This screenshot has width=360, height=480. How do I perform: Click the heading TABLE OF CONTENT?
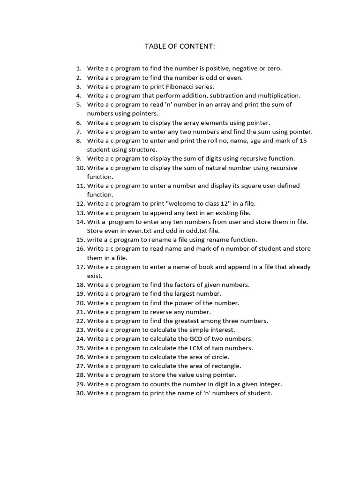pyautogui.click(x=180, y=46)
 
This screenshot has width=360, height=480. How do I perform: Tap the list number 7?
pyautogui.click(x=78, y=132)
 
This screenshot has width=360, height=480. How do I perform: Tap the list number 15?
pyautogui.click(x=80, y=240)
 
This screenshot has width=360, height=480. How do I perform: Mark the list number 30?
pyautogui.click(x=80, y=393)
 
